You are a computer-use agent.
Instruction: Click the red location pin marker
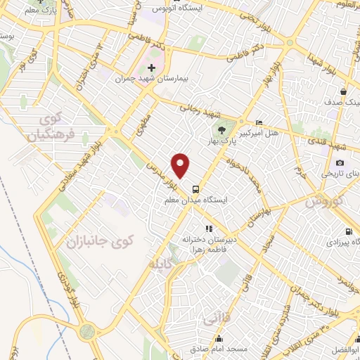pyautogui.click(x=181, y=165)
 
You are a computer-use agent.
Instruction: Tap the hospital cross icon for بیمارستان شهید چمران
pyautogui.click(x=150, y=68)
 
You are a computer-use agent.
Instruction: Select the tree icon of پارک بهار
pyautogui.click(x=221, y=129)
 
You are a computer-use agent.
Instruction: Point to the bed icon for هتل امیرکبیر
pyautogui.click(x=259, y=123)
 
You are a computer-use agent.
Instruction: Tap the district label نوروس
pyautogui.click(x=323, y=201)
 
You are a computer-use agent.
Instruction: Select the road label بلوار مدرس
pyautogui.click(x=160, y=176)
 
